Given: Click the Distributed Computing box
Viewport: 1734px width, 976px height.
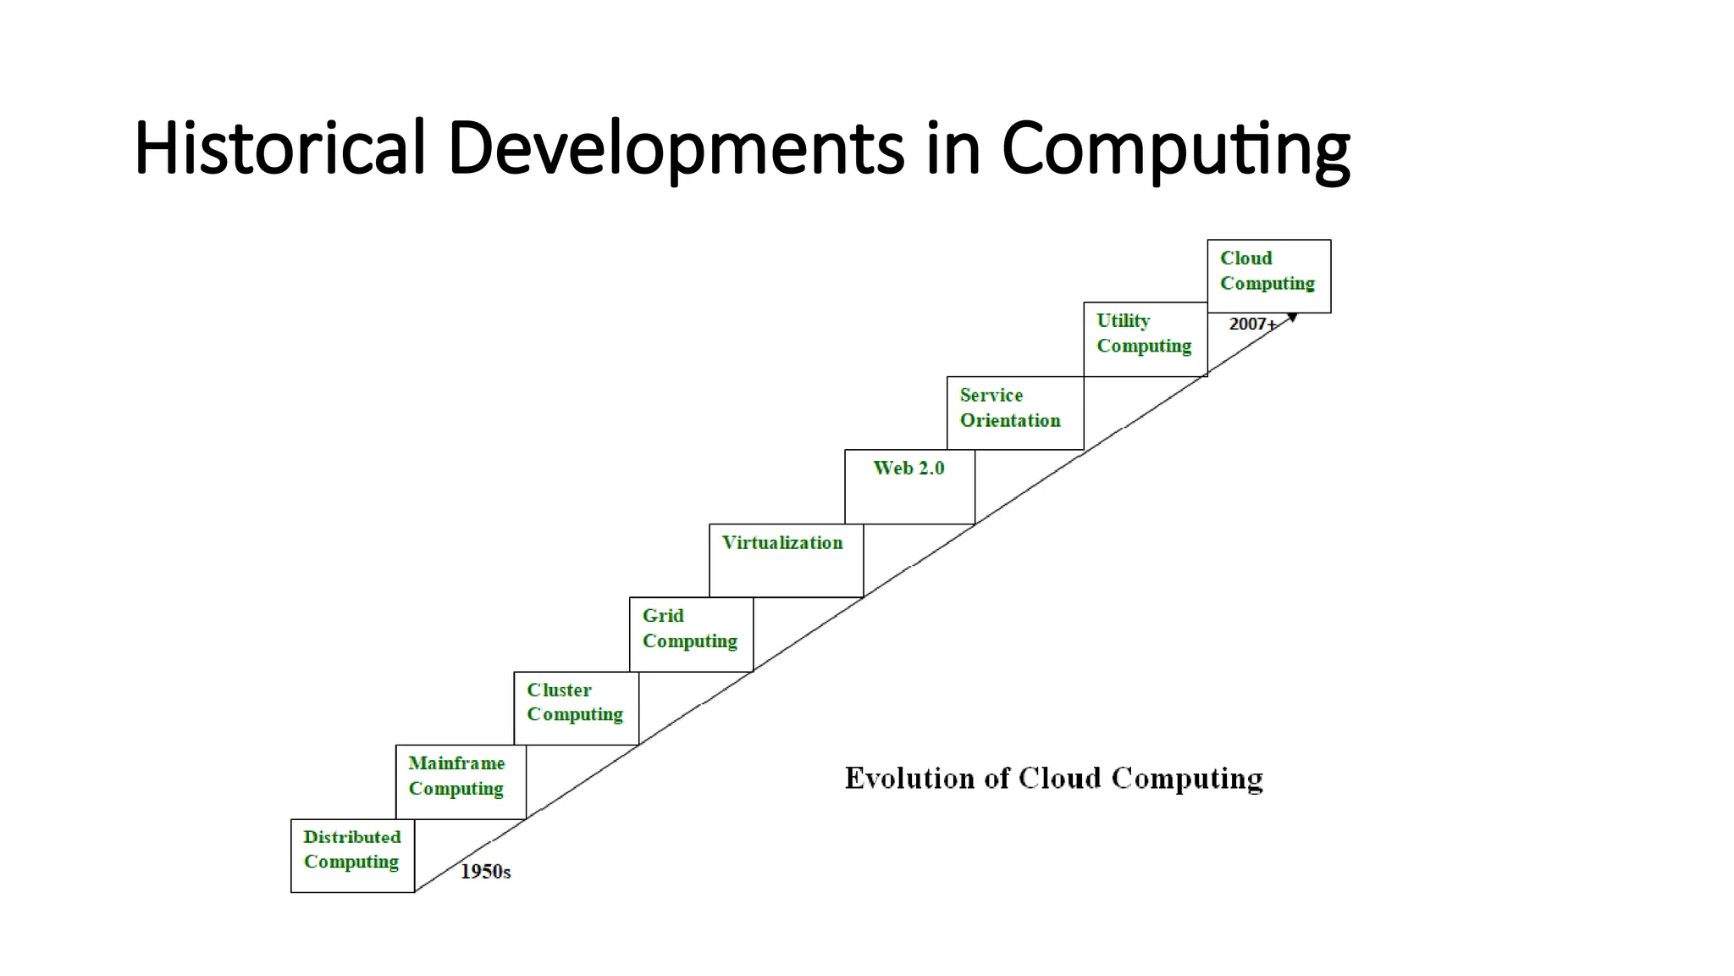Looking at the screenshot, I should [x=352, y=855].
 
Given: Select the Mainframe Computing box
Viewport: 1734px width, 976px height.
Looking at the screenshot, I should [x=461, y=781].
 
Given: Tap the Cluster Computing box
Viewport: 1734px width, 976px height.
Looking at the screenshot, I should [x=576, y=708].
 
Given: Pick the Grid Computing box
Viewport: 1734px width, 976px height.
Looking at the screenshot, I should [x=691, y=634].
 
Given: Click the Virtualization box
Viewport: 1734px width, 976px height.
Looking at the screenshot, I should [x=786, y=560].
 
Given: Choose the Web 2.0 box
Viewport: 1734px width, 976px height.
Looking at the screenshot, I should [x=909, y=486].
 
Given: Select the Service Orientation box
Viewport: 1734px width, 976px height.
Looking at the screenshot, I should [x=1014, y=413].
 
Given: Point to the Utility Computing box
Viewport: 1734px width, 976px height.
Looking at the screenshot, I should [x=1145, y=339].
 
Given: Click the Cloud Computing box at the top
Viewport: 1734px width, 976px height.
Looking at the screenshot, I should [x=1268, y=275].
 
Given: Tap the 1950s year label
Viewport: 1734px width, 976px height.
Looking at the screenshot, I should [x=485, y=872].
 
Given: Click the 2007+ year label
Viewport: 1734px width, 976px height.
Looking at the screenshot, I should [x=1252, y=324].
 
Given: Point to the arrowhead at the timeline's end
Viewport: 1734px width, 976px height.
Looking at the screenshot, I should [x=1292, y=318].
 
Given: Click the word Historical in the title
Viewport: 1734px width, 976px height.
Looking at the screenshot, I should [x=279, y=148].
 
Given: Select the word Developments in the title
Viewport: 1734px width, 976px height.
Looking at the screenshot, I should [x=676, y=148].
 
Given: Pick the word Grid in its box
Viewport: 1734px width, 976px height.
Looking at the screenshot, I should [x=663, y=616].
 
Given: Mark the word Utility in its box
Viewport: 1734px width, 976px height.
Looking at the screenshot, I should [x=1123, y=321].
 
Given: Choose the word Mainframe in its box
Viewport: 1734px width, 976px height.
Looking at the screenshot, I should [x=456, y=763].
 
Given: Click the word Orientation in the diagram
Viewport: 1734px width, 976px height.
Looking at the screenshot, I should [x=1010, y=421].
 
